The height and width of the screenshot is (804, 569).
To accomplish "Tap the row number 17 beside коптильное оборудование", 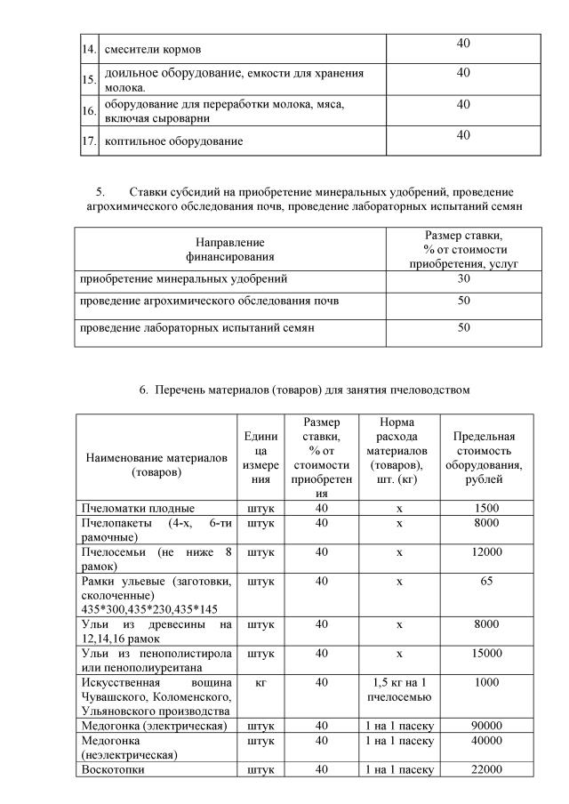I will pyautogui.click(x=88, y=141).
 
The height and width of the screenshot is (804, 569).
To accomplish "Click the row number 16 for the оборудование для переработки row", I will pyautogui.click(x=88, y=110).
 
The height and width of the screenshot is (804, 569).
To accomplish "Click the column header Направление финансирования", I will pyautogui.click(x=230, y=249).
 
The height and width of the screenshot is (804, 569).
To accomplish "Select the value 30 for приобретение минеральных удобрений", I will pyautogui.click(x=463, y=279).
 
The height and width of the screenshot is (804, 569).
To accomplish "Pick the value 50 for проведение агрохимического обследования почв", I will pyautogui.click(x=463, y=301).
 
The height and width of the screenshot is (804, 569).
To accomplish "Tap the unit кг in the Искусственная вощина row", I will pyautogui.click(x=260, y=683).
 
